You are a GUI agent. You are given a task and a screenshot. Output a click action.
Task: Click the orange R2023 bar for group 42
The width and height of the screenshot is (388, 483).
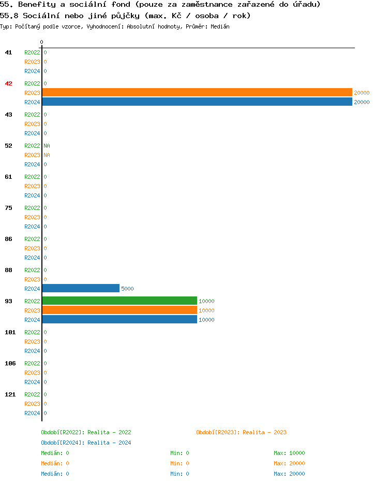(197, 92)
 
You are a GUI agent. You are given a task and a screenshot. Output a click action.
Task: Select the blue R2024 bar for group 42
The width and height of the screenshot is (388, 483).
(197, 102)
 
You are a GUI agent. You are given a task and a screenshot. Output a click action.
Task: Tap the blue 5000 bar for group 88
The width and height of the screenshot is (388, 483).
(81, 288)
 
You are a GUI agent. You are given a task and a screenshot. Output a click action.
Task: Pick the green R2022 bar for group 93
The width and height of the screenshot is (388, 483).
(120, 301)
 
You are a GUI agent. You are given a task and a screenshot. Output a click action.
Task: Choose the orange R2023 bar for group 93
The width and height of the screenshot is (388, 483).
(120, 310)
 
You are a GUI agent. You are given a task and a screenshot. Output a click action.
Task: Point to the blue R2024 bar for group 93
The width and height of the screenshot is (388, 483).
(120, 319)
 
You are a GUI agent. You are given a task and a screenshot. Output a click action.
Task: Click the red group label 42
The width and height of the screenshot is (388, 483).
(9, 83)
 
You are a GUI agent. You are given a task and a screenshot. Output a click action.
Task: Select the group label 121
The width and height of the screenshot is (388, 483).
(10, 394)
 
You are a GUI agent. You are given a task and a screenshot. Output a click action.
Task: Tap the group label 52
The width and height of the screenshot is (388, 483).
(9, 146)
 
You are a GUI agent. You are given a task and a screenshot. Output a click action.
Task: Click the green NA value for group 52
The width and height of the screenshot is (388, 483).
(47, 146)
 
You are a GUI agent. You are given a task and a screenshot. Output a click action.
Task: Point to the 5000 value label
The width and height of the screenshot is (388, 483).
(127, 289)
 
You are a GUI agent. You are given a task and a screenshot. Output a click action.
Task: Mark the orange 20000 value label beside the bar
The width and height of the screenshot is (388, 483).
(362, 93)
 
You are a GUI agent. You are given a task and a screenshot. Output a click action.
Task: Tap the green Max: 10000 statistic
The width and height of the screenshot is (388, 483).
(289, 453)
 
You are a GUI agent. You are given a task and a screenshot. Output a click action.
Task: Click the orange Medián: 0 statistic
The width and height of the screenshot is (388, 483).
(55, 463)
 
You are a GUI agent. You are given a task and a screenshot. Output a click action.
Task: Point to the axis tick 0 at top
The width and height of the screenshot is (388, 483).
(42, 42)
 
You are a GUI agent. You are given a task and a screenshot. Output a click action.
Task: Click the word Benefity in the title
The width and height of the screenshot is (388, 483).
(37, 5)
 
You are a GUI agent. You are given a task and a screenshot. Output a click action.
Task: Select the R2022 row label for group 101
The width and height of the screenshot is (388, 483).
(32, 332)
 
